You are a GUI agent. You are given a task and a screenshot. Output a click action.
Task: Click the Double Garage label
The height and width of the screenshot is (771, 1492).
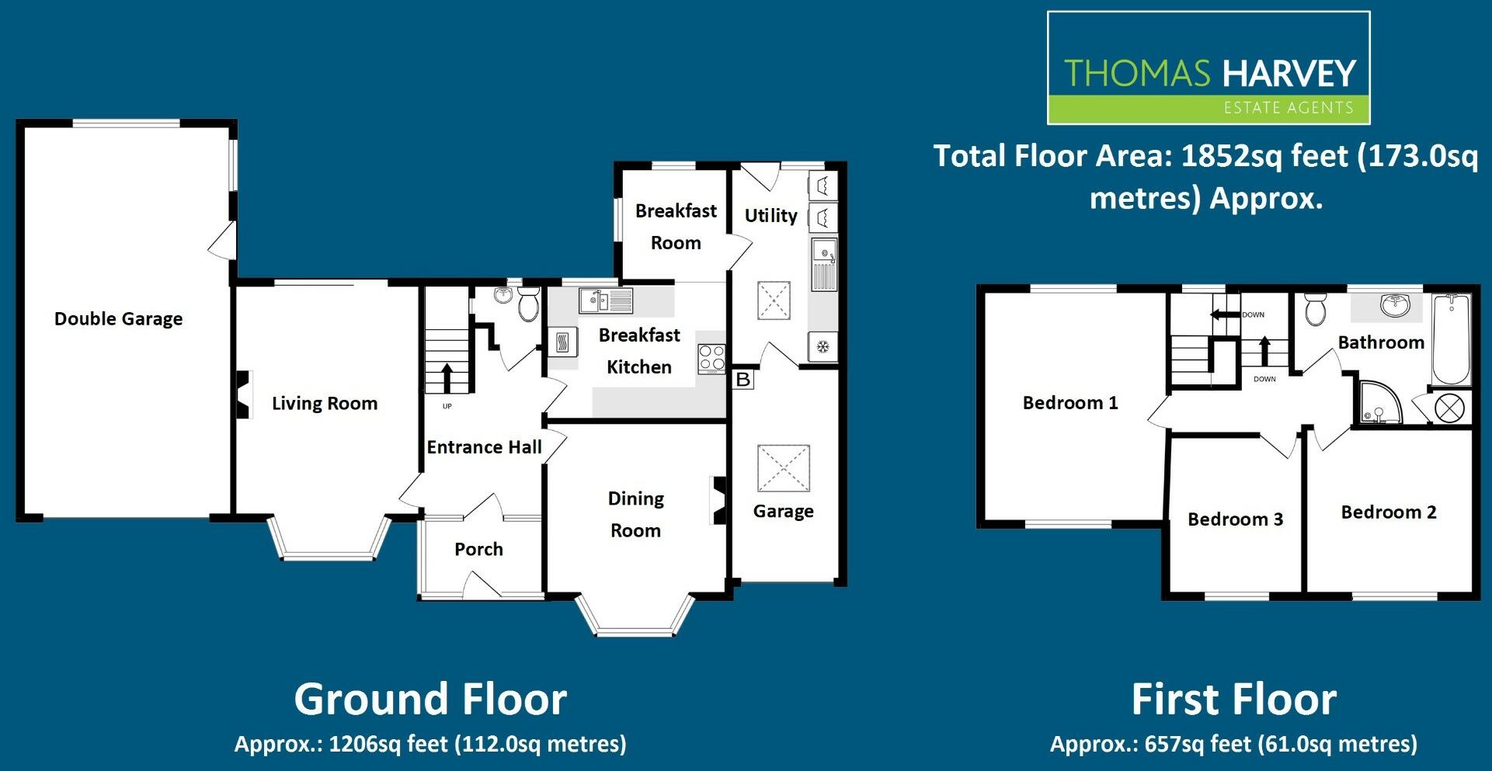[x=118, y=319]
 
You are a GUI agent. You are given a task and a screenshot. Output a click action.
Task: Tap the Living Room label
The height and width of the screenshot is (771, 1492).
[x=325, y=404]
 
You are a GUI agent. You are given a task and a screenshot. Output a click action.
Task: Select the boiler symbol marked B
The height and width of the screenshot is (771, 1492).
[x=743, y=380]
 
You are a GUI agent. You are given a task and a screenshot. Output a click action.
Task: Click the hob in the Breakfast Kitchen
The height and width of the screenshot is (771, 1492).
[x=711, y=358]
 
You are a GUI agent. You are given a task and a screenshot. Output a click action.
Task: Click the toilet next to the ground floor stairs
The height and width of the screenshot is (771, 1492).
[x=529, y=304]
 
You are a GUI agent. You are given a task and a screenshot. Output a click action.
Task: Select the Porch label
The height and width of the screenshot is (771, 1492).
[x=478, y=550]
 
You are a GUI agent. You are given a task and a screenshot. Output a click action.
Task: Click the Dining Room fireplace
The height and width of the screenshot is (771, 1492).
[x=718, y=500]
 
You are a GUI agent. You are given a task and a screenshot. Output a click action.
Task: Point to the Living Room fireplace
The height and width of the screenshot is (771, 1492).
[x=243, y=394]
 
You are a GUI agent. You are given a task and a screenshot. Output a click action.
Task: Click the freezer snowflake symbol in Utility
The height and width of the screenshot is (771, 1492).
[x=823, y=346]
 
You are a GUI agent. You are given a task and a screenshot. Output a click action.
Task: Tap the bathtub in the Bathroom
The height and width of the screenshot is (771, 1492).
[x=1450, y=339]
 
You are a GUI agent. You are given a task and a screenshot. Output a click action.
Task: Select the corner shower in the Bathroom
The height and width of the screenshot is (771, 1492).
[x=1379, y=403]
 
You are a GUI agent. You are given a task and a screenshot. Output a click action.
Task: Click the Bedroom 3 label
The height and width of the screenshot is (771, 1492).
[x=1235, y=519]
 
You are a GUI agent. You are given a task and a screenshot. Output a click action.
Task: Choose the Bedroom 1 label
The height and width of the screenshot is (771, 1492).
[x=1070, y=403]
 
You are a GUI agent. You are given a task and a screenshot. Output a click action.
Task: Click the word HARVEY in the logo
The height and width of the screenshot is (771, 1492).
[x=1289, y=74]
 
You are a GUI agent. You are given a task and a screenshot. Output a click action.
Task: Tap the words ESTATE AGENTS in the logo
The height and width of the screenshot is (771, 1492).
[x=1288, y=108]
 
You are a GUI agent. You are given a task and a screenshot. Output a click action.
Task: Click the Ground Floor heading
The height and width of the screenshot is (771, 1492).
[x=430, y=699]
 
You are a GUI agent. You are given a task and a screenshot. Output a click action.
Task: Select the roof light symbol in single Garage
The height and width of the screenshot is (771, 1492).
[x=783, y=468]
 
